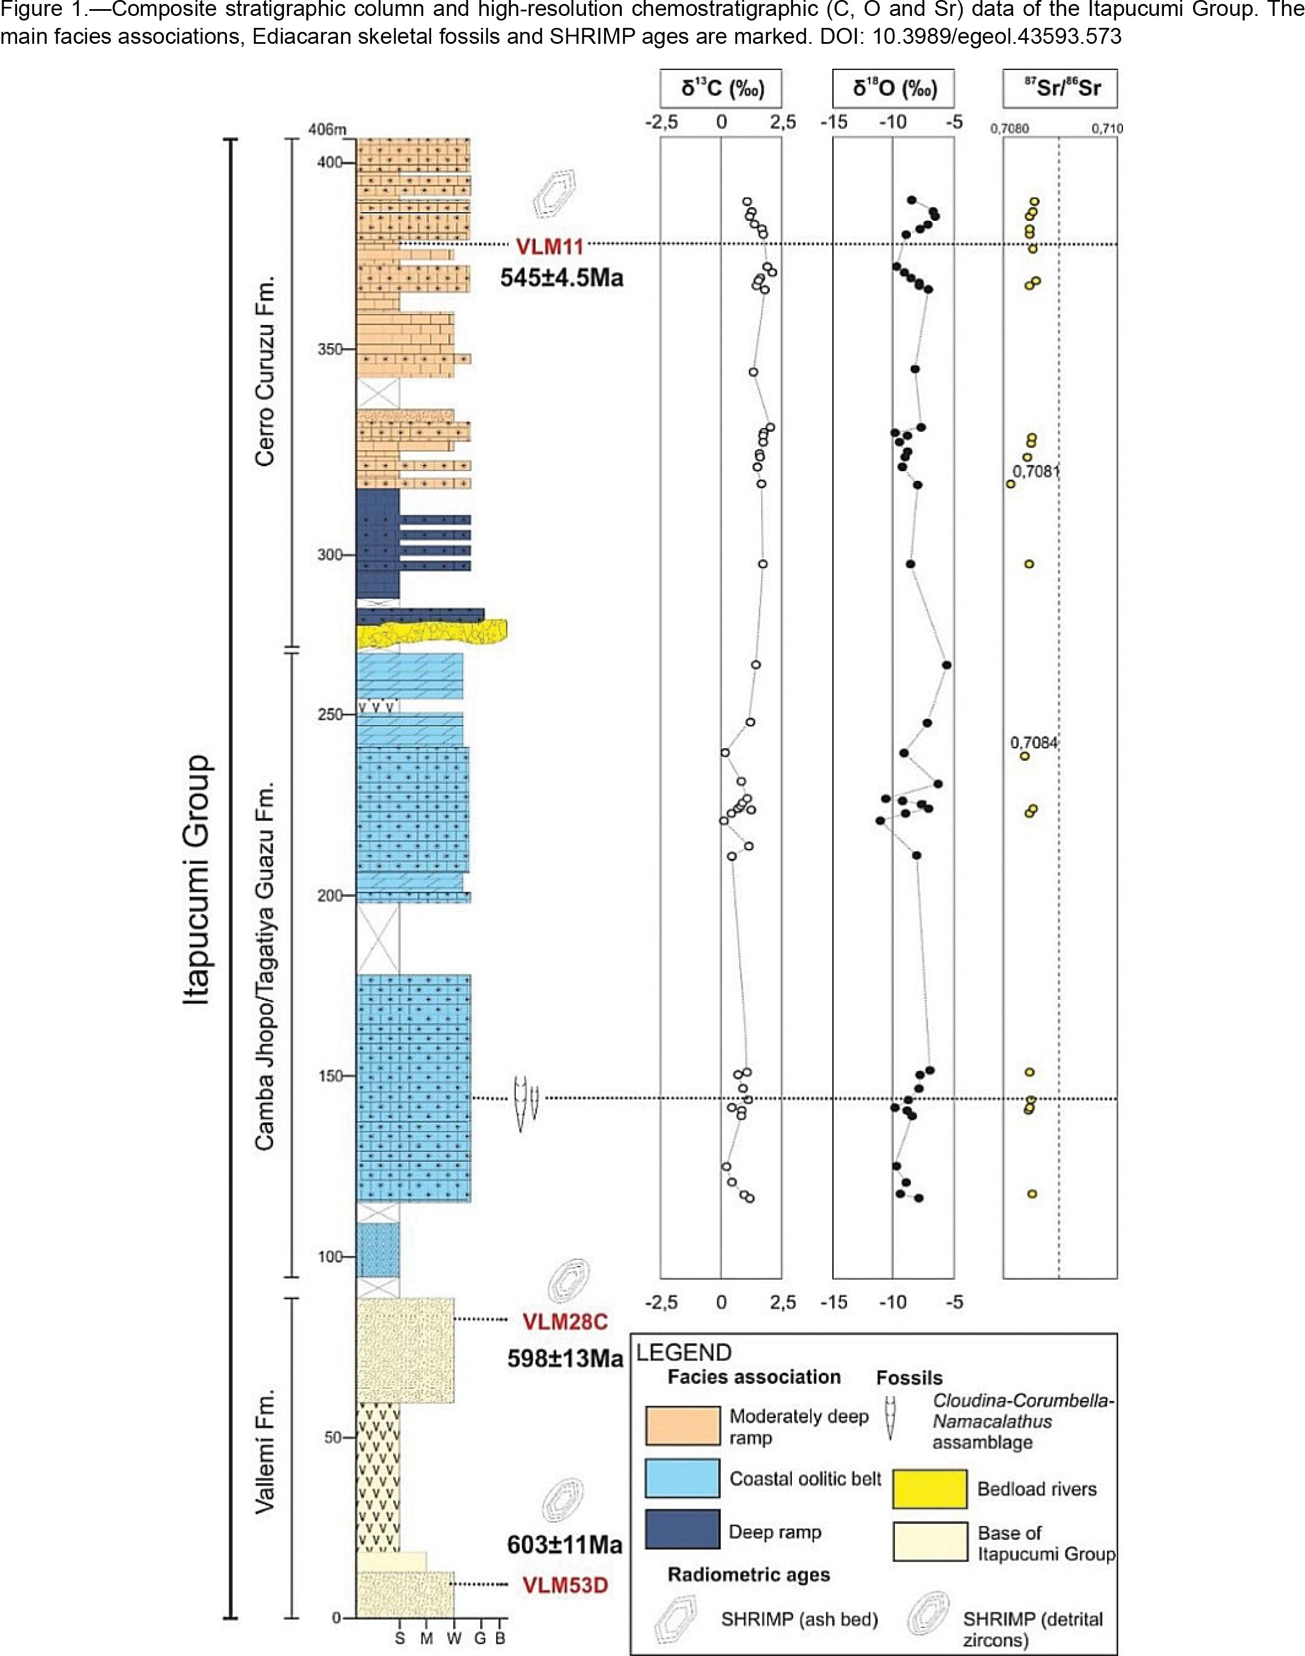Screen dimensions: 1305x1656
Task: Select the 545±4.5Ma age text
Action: click(561, 278)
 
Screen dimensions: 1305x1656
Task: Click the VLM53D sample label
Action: click(565, 1585)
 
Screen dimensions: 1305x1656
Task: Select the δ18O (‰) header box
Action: click(894, 89)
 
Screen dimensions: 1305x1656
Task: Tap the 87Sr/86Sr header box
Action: click(1060, 89)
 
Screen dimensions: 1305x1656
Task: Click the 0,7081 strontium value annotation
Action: click(1036, 471)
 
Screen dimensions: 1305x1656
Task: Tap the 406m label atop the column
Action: click(327, 129)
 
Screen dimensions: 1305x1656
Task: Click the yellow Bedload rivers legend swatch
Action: click(930, 1489)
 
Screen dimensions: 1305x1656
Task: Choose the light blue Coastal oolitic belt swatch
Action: click(682, 1478)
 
